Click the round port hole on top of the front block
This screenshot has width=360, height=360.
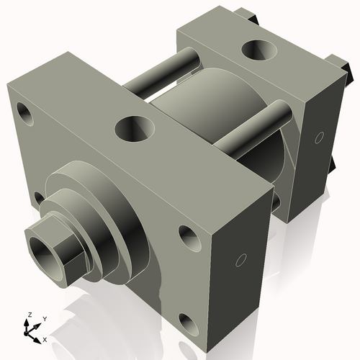(134, 130)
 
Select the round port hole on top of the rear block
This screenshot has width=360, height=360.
(258, 50)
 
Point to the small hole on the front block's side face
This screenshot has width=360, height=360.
(242, 258)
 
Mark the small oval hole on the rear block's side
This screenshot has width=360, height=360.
(315, 136)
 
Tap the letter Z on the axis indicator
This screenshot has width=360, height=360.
(29, 315)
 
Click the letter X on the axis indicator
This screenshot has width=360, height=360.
(45, 338)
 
